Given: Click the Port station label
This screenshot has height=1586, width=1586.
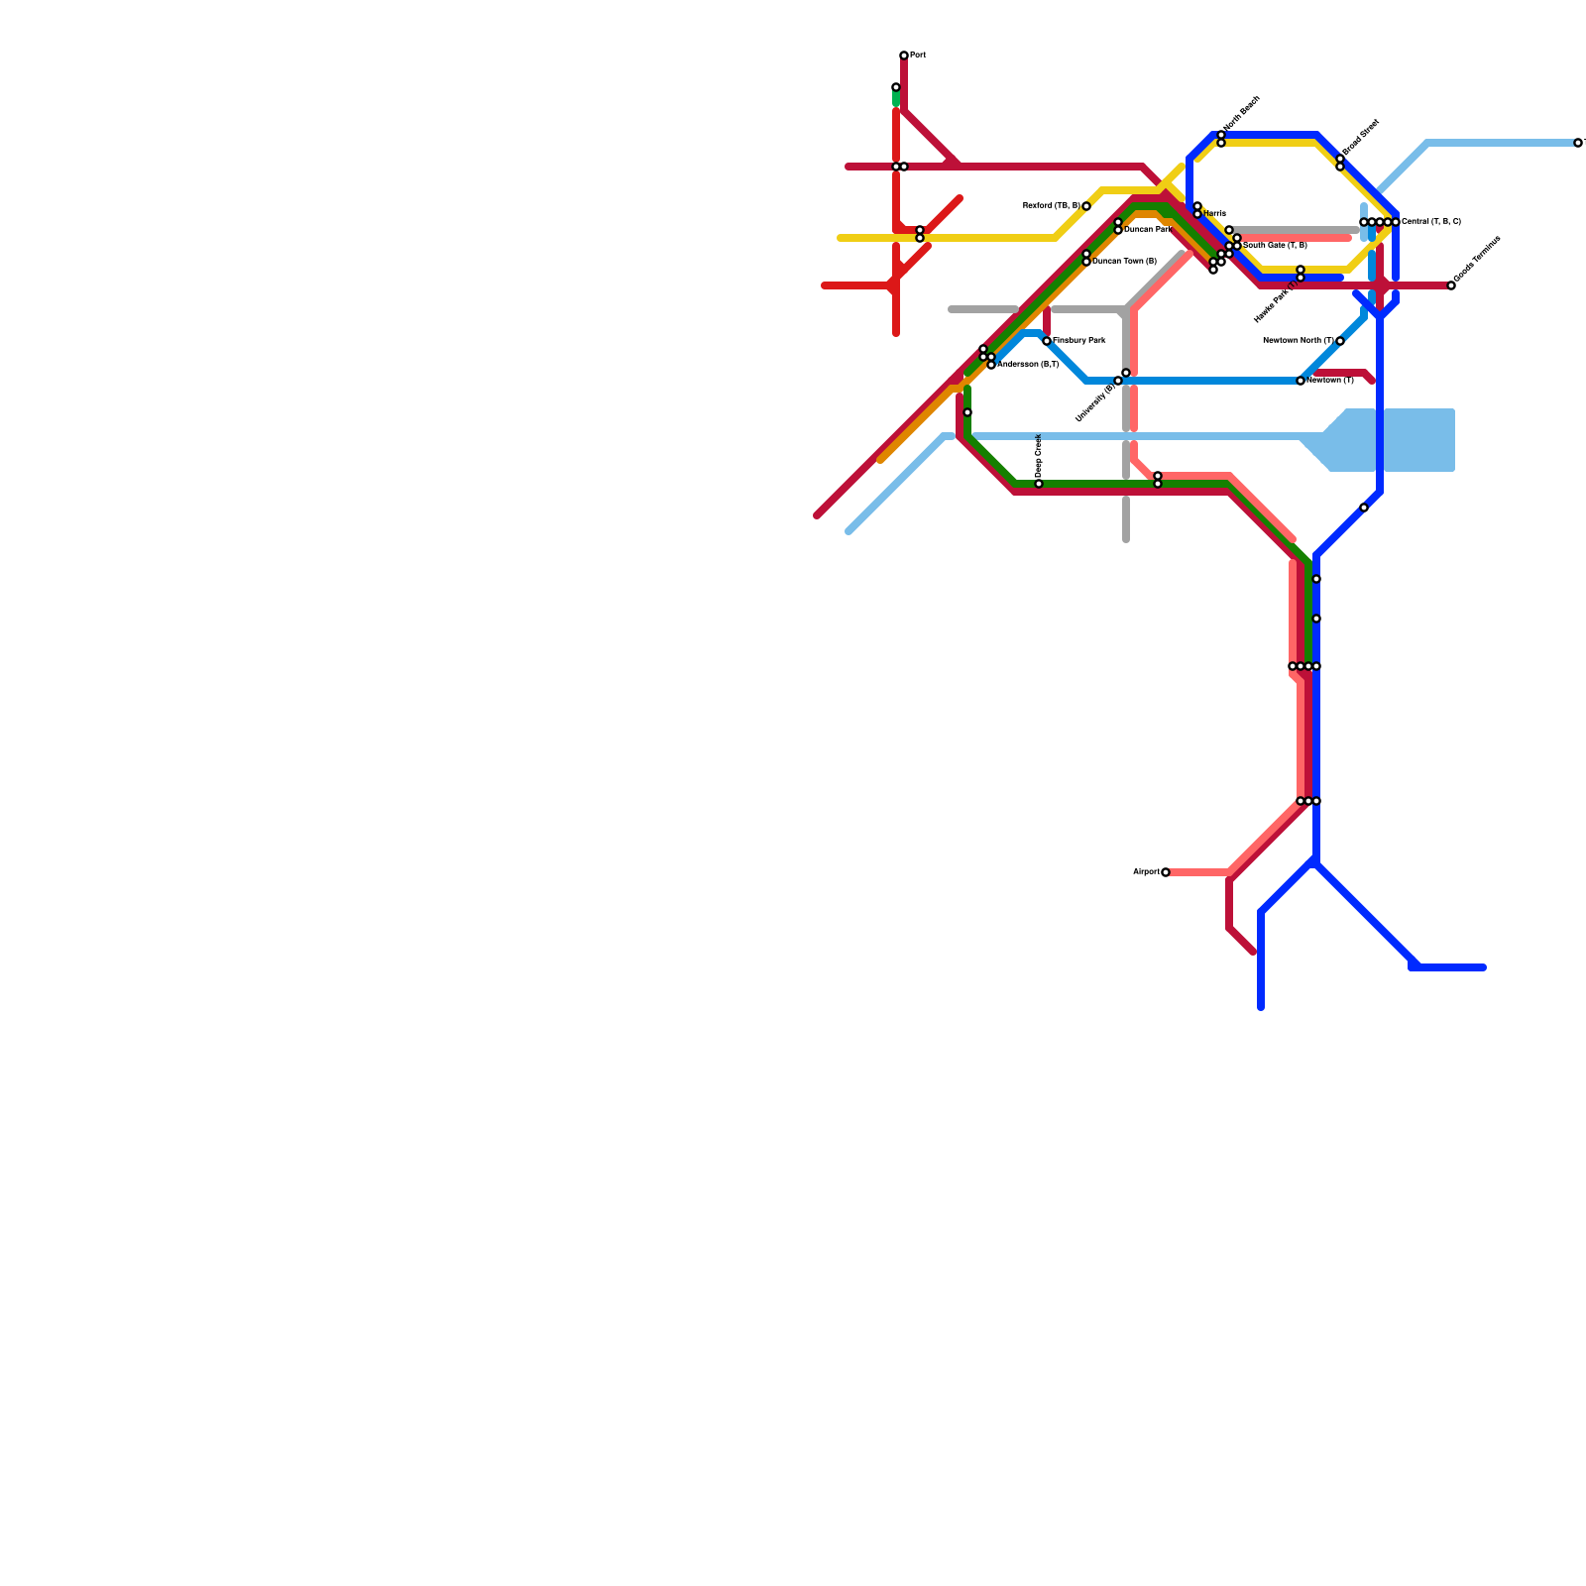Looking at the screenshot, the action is click(x=918, y=56).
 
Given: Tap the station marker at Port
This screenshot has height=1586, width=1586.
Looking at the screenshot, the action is click(x=904, y=56).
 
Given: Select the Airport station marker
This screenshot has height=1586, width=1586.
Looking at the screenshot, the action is click(x=1166, y=872).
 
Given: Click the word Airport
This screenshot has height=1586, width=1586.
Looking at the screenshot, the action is click(x=1146, y=872).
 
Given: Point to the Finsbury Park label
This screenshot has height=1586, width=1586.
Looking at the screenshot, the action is click(x=1079, y=341).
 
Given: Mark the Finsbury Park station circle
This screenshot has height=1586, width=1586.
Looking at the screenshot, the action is click(x=1047, y=341).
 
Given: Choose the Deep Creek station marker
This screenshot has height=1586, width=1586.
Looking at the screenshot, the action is click(x=1039, y=484).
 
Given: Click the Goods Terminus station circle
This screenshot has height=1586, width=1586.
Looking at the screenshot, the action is click(x=1451, y=285).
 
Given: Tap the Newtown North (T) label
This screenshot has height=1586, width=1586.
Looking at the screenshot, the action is click(x=1299, y=341).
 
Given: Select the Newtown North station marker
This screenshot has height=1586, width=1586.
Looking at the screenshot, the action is click(x=1340, y=341).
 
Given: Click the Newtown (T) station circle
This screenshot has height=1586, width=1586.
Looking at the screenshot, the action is click(x=1301, y=381).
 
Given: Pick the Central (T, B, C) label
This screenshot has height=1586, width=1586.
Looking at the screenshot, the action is click(x=1431, y=222).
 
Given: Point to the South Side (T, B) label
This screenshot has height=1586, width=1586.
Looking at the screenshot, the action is click(x=1275, y=246).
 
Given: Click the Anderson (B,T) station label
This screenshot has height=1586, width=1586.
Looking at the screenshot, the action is click(x=1028, y=365).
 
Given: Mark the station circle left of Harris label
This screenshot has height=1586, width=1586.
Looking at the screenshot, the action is click(x=1197, y=213).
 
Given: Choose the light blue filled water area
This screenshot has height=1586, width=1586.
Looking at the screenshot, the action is click(x=1398, y=440).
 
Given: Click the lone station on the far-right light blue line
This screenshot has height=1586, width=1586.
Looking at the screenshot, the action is click(x=1578, y=143).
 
